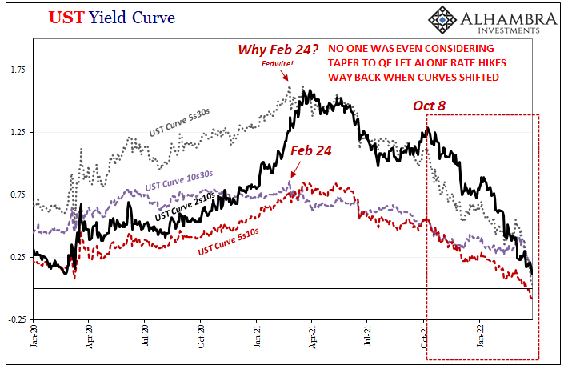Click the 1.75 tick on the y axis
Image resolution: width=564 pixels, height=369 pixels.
tap(18, 70)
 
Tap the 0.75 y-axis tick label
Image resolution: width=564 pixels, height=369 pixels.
tap(18, 195)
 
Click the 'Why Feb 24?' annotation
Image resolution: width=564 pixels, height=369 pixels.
tap(274, 50)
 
